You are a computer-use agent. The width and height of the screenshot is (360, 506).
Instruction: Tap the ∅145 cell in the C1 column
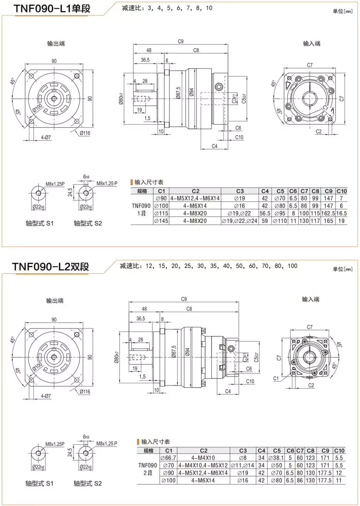click(x=161, y=221)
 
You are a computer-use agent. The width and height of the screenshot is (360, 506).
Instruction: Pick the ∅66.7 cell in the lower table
click(x=168, y=458)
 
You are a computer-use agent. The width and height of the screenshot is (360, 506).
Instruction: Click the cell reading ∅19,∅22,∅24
click(x=239, y=221)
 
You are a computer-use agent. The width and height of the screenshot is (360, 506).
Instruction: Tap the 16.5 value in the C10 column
click(x=341, y=213)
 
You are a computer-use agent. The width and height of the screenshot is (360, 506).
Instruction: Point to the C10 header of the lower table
click(x=339, y=450)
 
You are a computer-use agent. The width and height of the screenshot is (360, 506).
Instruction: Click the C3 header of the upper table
click(x=239, y=191)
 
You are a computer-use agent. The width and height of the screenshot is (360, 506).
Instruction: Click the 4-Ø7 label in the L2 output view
click(x=46, y=395)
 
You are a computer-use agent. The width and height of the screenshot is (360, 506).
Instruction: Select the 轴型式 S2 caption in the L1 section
click(x=88, y=224)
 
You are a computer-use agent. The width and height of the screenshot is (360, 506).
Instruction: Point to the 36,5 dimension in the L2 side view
click(x=140, y=318)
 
